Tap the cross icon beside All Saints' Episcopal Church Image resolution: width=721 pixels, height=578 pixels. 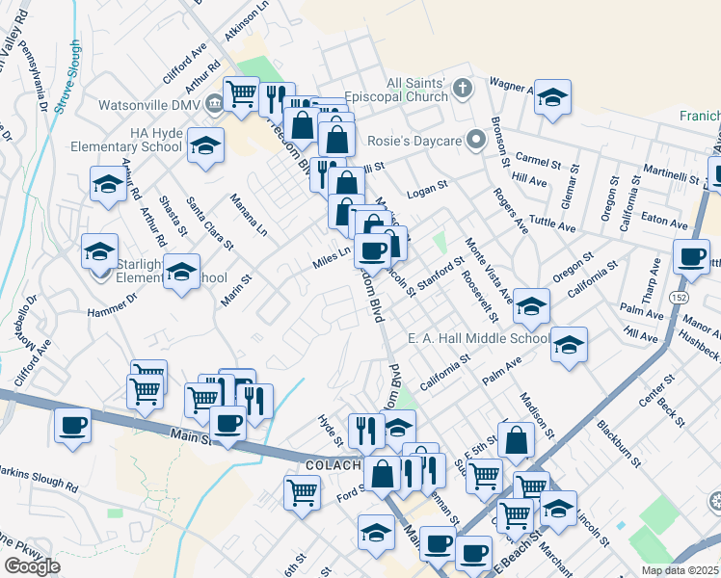(x=463, y=90)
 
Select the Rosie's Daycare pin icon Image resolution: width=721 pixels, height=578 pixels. (x=474, y=141)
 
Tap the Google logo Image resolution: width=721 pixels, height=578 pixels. (x=32, y=566)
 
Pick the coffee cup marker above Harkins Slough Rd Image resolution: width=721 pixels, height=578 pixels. (x=72, y=426)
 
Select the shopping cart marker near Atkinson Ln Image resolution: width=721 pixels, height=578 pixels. (x=241, y=94)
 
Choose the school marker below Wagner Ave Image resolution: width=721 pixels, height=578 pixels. (x=552, y=97)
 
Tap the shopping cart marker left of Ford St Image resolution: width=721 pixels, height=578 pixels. (x=302, y=493)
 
